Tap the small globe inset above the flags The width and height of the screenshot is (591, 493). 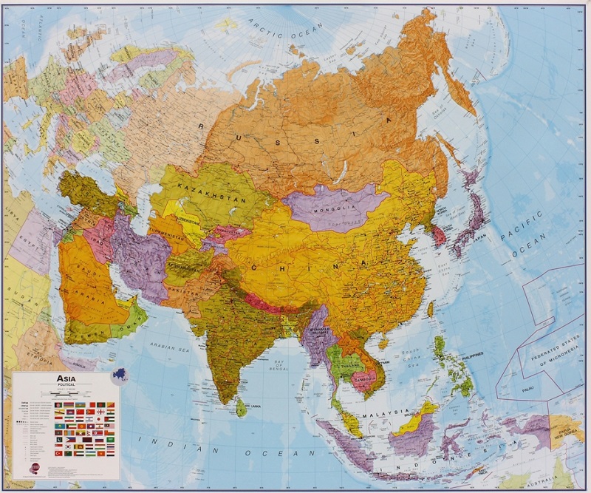120,375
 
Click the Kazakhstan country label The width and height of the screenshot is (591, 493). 201,188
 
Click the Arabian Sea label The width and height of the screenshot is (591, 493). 170,347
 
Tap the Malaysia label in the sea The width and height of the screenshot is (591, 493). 386,413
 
